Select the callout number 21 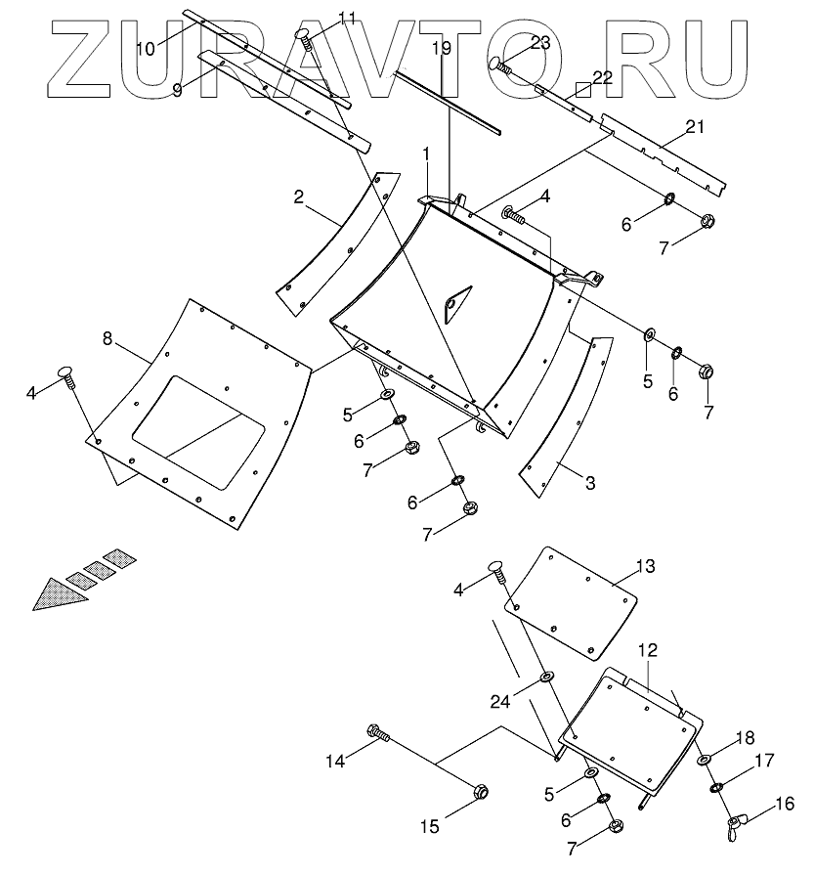[695, 127]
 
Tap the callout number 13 [646, 567]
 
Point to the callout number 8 [107, 339]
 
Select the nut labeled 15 [481, 791]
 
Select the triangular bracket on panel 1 [454, 300]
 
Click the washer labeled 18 [704, 760]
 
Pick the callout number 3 [588, 484]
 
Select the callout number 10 [146, 48]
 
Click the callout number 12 [649, 649]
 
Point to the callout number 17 [763, 759]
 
